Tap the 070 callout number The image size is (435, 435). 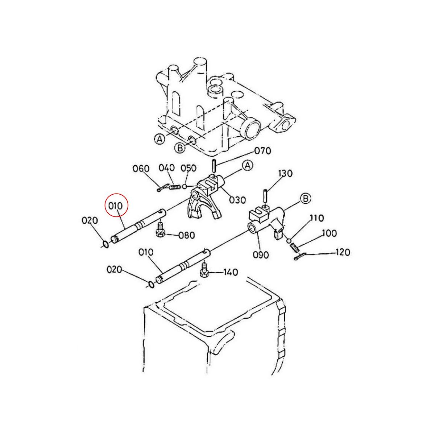263,151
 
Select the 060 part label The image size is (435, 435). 141,169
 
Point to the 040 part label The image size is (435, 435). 167,168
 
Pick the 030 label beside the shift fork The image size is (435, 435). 237,200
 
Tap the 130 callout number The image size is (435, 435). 285,173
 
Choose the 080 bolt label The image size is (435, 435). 186,235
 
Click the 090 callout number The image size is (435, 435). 261,255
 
